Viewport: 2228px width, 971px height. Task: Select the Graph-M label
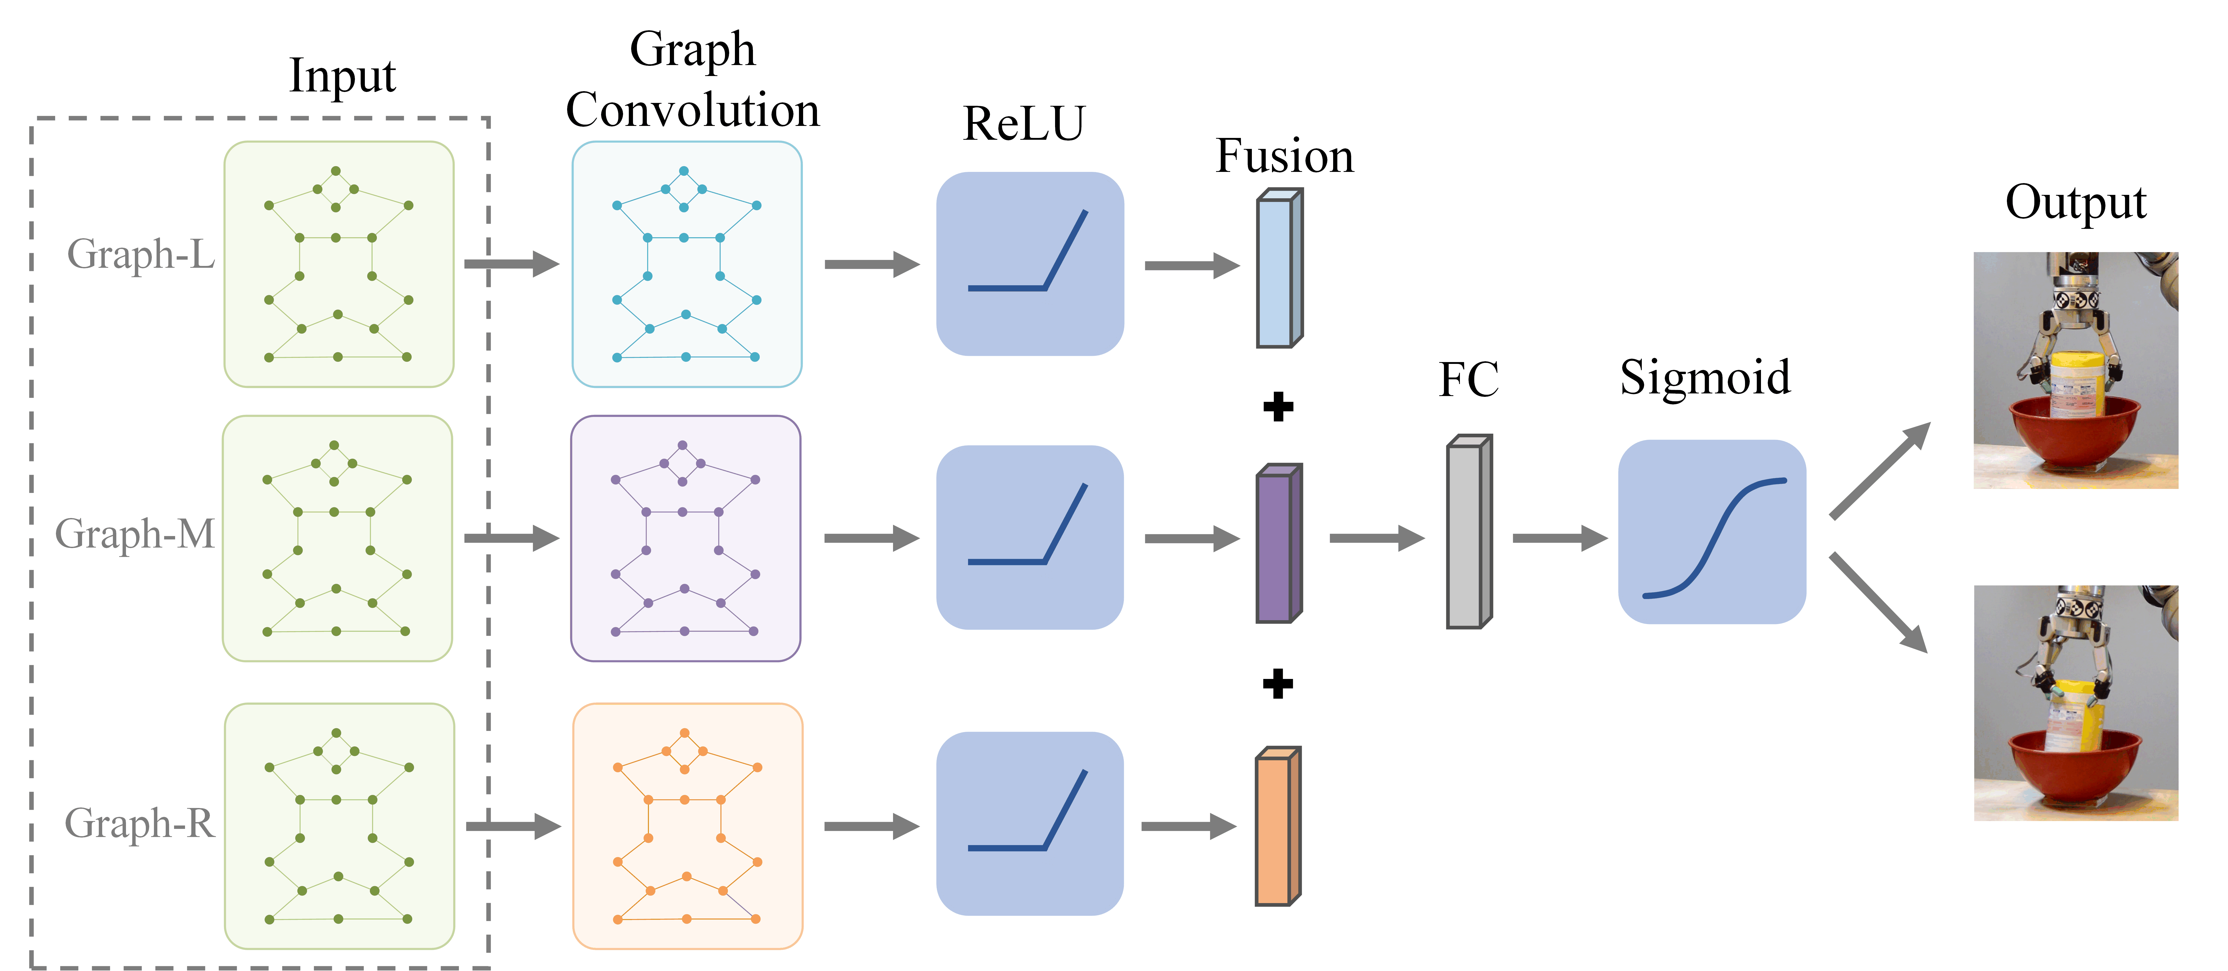click(x=135, y=533)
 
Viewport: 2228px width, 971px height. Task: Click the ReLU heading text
click(x=1024, y=124)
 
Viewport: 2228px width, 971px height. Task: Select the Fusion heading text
click(x=1284, y=156)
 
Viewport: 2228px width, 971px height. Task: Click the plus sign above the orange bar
click(x=1277, y=684)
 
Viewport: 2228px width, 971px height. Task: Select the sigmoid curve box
click(x=1712, y=532)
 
